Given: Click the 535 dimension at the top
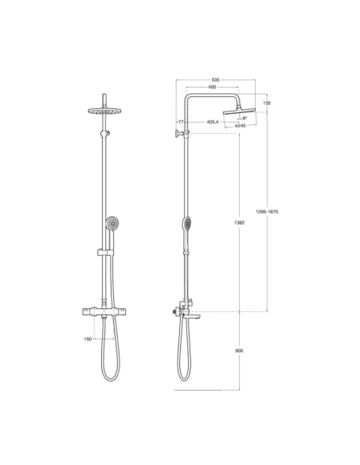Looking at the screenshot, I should (x=216, y=80).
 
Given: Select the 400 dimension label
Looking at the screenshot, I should (x=211, y=87).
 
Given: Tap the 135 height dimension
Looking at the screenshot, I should (x=267, y=104).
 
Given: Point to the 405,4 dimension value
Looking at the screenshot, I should (x=213, y=122).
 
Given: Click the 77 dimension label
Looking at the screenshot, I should (x=181, y=122).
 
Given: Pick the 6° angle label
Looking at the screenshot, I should (x=244, y=119).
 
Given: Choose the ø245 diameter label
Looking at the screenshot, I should (x=241, y=126).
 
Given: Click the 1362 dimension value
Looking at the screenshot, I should (x=240, y=222).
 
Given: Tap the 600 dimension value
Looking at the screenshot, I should (x=240, y=350).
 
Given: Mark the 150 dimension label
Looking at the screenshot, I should (x=88, y=338).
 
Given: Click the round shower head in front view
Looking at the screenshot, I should (x=105, y=112).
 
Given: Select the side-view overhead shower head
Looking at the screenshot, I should (x=238, y=111).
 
